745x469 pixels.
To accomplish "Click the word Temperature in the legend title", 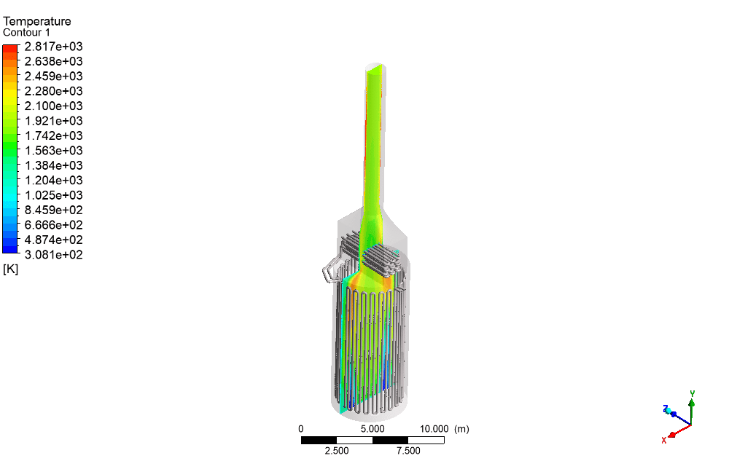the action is tap(37, 21).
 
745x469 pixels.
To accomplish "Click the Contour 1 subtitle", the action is tap(26, 33).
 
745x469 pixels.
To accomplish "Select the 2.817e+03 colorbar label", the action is tap(54, 47).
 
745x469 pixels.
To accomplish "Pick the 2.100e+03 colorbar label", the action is tap(54, 106).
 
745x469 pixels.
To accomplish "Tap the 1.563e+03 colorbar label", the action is tap(54, 151).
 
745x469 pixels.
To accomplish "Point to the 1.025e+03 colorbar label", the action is tap(54, 195).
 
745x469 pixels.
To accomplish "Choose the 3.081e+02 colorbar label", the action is tap(54, 254).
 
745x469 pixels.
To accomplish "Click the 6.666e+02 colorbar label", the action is tap(54, 225).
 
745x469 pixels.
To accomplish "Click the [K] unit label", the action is tap(10, 269).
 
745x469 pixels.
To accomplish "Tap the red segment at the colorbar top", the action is tap(10, 49).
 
